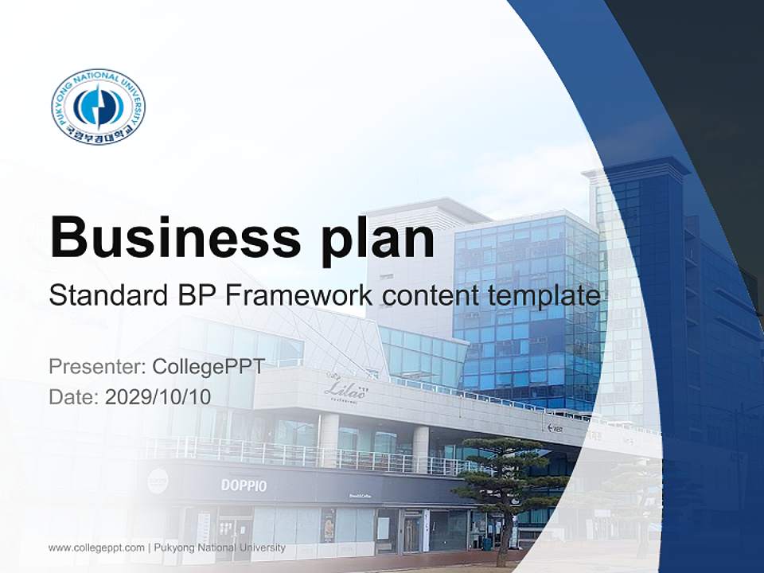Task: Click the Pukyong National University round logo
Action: [98, 106]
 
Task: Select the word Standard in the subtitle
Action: [103, 296]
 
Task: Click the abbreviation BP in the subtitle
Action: [194, 296]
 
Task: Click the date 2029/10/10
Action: [158, 397]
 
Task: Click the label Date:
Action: [74, 397]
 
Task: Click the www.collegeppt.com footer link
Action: [96, 548]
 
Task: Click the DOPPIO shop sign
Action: [244, 485]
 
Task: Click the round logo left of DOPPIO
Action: [158, 480]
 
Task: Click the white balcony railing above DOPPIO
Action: [302, 455]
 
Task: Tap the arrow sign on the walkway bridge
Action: [555, 427]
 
